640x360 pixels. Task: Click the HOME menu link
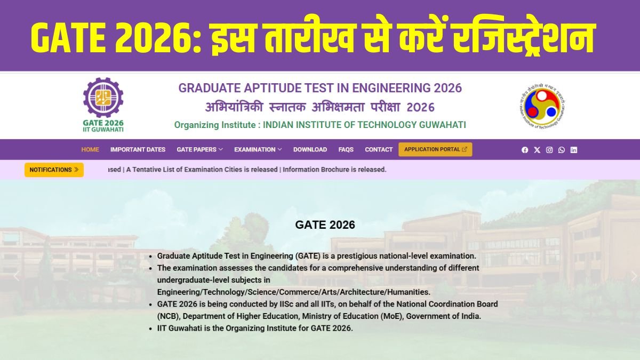point(90,149)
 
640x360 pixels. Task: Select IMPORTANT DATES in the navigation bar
point(138,149)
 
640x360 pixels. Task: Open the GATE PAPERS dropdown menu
point(199,149)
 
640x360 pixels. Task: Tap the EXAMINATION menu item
point(258,149)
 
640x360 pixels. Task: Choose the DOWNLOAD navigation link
point(310,149)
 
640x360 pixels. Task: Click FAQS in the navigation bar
point(346,149)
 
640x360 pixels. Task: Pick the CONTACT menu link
point(379,149)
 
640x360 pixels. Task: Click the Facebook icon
point(525,150)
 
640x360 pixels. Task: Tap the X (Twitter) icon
point(537,150)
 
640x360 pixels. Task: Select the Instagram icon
point(549,150)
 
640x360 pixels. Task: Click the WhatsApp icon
point(562,150)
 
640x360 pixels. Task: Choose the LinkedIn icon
point(574,150)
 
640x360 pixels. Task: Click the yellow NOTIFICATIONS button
point(54,170)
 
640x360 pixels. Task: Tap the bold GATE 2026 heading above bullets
point(325,225)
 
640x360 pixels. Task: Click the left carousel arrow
point(16,276)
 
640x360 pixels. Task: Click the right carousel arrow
point(634,276)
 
